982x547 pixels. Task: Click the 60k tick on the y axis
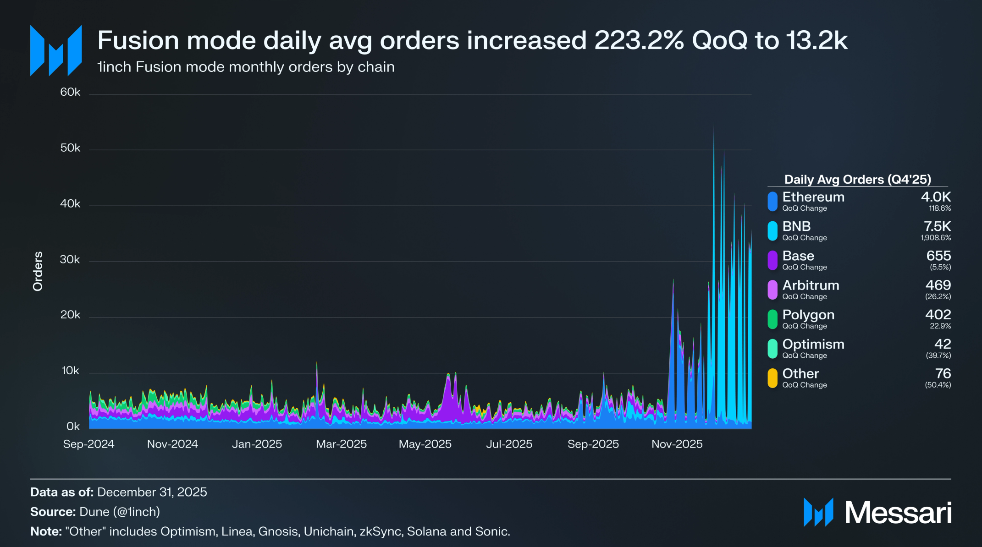(70, 92)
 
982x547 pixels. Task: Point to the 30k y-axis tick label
(70, 260)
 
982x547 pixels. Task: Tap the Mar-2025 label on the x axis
(341, 444)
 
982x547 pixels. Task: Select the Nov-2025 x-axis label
(677, 444)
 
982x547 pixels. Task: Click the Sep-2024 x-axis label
(88, 444)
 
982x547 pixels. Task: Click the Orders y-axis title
(38, 271)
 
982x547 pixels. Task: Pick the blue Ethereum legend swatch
(772, 202)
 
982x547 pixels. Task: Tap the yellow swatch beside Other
(772, 378)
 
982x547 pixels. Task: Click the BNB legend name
(796, 226)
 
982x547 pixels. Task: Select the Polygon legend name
(808, 315)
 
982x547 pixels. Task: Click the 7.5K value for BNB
(937, 226)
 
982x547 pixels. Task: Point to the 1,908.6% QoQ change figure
(936, 238)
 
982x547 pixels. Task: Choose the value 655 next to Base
(938, 256)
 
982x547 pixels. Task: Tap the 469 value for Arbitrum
(938, 285)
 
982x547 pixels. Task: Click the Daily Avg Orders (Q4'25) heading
(857, 179)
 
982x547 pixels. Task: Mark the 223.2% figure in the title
(639, 40)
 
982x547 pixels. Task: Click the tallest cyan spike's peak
(714, 124)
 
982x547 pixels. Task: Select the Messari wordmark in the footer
(898, 513)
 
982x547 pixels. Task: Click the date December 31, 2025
(152, 492)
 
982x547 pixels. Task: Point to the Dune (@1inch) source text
(120, 512)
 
